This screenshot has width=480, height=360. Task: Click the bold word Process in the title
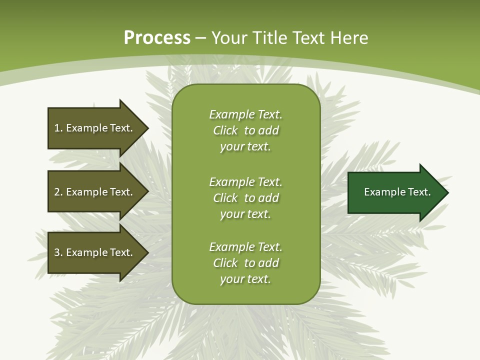click(157, 38)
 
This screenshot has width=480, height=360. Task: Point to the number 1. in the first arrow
click(58, 128)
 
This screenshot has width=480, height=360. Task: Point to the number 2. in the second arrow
click(58, 192)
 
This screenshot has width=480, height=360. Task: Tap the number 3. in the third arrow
click(58, 252)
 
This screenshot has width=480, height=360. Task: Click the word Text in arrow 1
click(120, 128)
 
